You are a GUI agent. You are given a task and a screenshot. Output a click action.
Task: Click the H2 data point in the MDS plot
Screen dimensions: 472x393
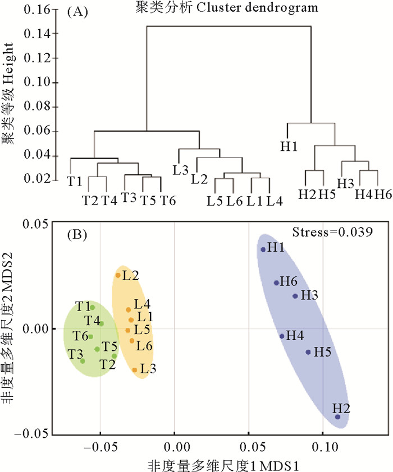point(337,417)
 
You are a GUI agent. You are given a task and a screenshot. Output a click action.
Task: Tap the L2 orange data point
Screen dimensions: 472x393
point(118,275)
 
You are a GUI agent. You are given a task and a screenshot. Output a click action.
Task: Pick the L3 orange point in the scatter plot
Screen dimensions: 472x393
point(135,369)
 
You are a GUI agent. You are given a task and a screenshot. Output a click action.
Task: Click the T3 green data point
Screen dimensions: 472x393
point(83,360)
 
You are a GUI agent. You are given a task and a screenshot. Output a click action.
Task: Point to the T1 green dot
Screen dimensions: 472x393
point(93,307)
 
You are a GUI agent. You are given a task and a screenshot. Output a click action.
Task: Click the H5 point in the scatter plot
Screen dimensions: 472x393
point(308,352)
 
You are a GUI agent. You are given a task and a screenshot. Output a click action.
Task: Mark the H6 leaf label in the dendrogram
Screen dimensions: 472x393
point(383,194)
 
